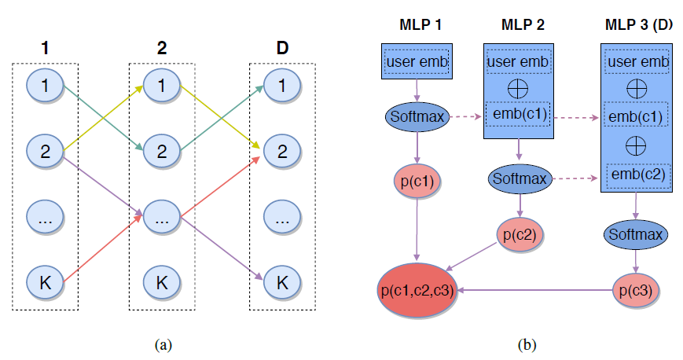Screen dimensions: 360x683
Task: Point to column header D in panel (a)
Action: tap(282, 48)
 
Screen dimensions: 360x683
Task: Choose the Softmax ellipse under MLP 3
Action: tap(635, 234)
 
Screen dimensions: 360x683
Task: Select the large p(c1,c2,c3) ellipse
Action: tap(417, 291)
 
